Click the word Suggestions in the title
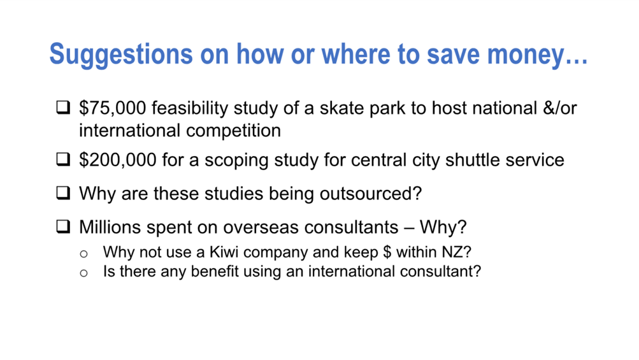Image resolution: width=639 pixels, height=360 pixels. (121, 55)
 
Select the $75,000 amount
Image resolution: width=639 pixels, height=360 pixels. (113, 108)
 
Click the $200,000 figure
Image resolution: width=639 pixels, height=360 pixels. (118, 160)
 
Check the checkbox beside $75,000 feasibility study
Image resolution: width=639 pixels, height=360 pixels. (63, 107)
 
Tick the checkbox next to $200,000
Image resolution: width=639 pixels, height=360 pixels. (63, 159)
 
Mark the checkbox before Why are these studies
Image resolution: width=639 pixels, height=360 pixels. (63, 193)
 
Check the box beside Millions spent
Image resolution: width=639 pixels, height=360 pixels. (63, 226)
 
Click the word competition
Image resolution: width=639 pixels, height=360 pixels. (234, 131)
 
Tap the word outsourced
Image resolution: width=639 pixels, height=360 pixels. (370, 194)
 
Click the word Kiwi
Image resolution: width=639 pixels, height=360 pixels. (224, 252)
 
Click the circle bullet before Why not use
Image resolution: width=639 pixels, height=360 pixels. (83, 254)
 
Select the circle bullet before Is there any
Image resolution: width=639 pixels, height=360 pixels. (83, 273)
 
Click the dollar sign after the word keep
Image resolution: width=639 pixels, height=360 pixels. (387, 252)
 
